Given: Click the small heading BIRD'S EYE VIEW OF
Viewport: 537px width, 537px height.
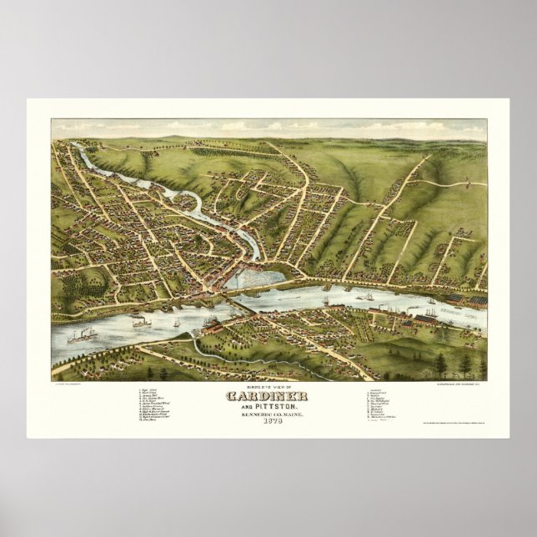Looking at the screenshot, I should [268, 386].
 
